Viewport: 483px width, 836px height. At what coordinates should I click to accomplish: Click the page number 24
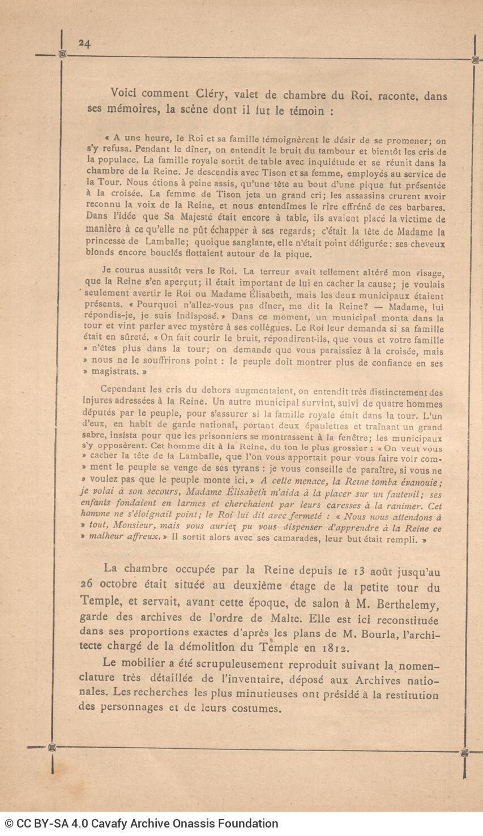pos(85,44)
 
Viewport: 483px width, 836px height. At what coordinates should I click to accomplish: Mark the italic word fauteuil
pos(410,494)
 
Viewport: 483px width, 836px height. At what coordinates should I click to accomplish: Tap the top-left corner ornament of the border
pos(62,54)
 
